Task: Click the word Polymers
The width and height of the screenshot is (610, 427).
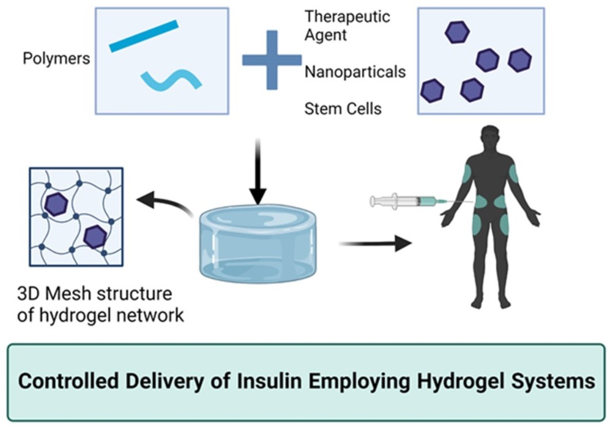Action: coord(56,59)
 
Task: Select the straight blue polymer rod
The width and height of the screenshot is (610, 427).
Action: coord(144,36)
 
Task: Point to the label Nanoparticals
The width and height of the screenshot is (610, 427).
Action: coord(355,72)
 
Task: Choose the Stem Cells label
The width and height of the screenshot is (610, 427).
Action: coord(343,109)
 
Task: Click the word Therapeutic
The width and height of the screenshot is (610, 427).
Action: coord(347,16)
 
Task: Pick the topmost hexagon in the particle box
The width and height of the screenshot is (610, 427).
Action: coord(457,32)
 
